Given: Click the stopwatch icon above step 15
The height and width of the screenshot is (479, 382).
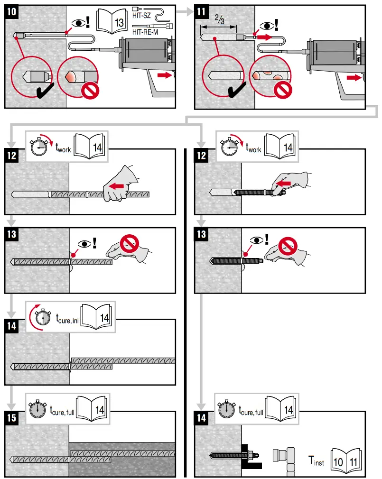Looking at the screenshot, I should pyautogui.click(x=37, y=409).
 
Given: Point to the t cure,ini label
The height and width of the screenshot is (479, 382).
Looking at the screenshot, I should pyautogui.click(x=66, y=317).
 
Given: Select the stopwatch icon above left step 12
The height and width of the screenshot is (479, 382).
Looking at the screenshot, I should pyautogui.click(x=38, y=147).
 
